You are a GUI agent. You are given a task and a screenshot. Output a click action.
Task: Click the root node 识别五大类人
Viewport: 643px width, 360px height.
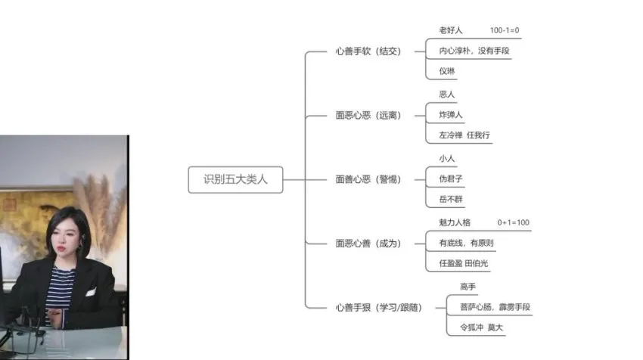(x=235, y=180)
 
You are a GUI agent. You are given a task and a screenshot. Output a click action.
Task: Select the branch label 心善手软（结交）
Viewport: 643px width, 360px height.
(x=368, y=51)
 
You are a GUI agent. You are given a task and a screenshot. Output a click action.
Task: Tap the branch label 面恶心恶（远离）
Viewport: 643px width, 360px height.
(x=368, y=116)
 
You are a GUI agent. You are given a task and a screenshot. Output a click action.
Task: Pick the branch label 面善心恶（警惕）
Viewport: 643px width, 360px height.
(x=368, y=179)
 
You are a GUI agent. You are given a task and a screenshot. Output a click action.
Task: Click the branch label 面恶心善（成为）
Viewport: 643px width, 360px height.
(x=368, y=244)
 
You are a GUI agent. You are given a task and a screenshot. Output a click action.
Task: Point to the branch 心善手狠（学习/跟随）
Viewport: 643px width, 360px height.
(x=378, y=307)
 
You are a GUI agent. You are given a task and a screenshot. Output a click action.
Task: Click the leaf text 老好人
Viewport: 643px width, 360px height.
(x=450, y=31)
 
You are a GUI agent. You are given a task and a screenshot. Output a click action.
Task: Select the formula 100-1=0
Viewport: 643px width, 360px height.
(x=505, y=31)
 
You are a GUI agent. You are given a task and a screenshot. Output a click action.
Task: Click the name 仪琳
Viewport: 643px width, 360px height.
(x=447, y=72)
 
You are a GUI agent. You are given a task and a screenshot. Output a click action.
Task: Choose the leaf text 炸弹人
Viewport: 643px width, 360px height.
(x=451, y=115)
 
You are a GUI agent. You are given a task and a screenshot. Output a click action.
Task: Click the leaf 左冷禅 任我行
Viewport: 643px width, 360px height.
(x=464, y=135)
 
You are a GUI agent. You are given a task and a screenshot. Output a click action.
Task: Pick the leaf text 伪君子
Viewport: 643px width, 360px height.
(x=451, y=179)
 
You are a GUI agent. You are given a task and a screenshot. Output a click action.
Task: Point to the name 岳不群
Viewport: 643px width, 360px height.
(x=451, y=200)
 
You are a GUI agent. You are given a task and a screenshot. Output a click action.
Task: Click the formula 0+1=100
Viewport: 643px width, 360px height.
(x=513, y=223)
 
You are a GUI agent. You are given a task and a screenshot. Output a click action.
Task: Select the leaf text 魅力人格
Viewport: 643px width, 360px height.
(x=455, y=223)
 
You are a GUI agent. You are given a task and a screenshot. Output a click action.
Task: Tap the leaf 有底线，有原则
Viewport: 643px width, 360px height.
(x=467, y=244)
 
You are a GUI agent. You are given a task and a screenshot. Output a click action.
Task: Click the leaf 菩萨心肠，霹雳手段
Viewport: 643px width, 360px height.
(x=495, y=307)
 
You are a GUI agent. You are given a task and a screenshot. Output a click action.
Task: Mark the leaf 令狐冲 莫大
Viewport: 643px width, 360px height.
(x=481, y=328)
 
